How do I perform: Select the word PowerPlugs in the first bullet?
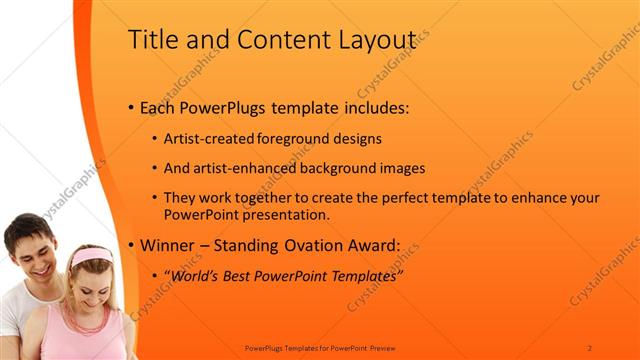(x=221, y=107)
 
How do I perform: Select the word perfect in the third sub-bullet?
(x=398, y=199)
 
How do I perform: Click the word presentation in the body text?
(x=282, y=214)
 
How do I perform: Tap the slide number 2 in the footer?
(x=590, y=347)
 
